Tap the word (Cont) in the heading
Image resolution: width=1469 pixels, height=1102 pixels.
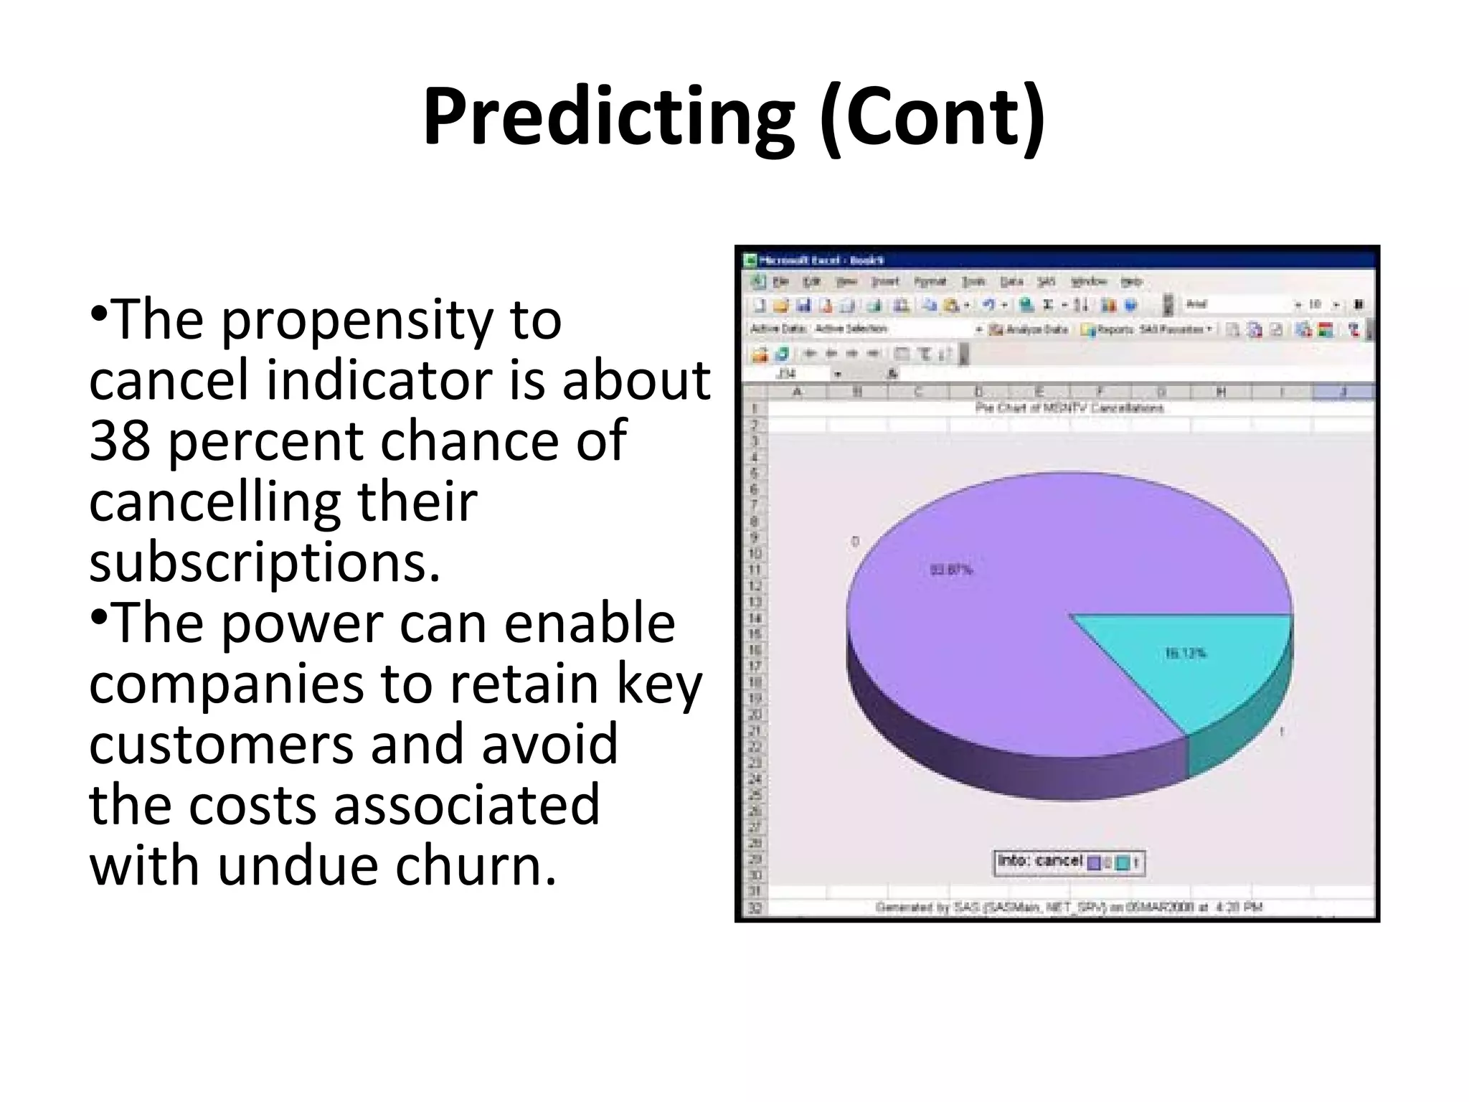tap(932, 118)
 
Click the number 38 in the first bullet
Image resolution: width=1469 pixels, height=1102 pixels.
tap(120, 440)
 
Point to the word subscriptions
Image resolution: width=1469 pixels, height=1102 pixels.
tap(264, 562)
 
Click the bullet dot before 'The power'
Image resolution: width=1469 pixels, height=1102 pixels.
tap(100, 616)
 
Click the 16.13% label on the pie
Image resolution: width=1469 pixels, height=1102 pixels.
tap(1185, 654)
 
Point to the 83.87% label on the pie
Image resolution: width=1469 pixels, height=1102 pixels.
tap(952, 570)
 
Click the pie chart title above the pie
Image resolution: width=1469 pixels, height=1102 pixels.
tap(1069, 408)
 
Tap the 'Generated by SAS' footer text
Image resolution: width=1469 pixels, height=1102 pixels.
tap(1069, 908)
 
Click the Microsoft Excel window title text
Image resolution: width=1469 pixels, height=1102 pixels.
tap(822, 260)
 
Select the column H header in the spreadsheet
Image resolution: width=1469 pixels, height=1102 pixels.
tap(1221, 392)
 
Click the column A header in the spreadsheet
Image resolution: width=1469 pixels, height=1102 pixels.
tap(797, 392)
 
